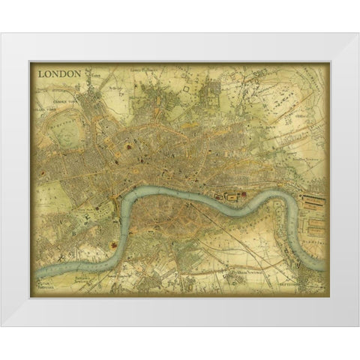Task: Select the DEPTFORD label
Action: point(307,286)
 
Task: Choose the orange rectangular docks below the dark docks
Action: point(314,225)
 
